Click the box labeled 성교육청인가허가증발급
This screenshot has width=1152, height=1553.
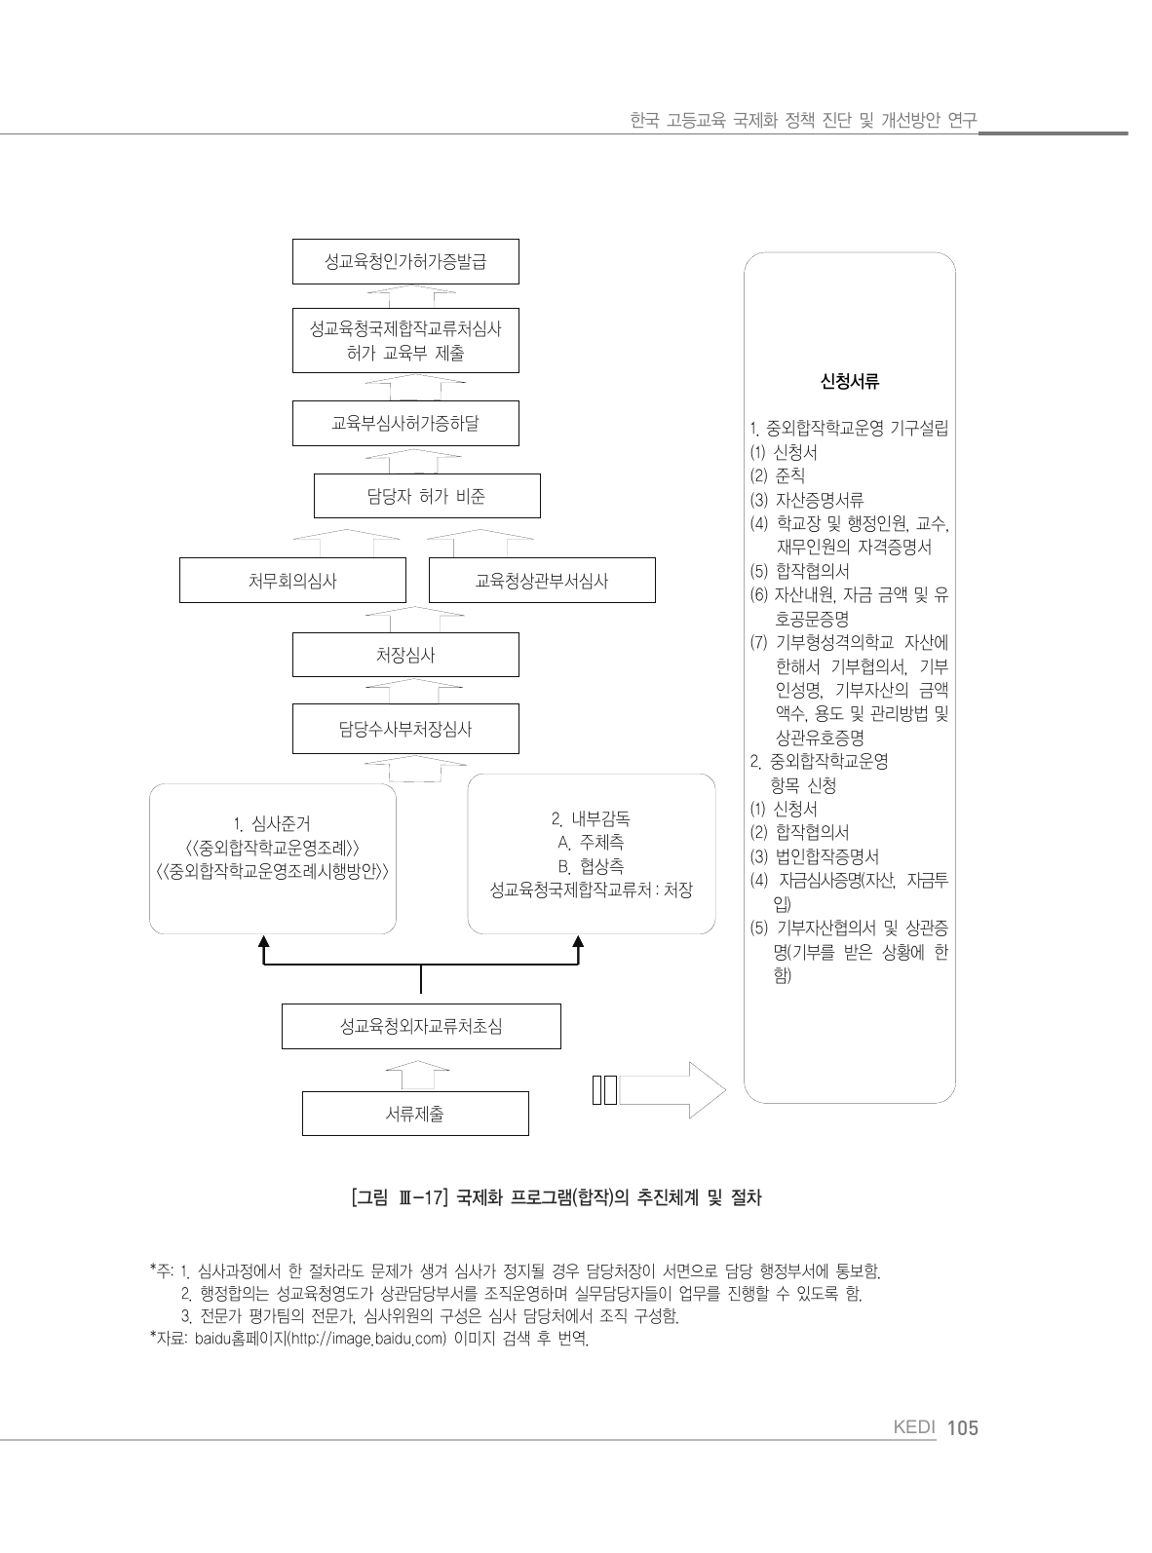pyautogui.click(x=405, y=261)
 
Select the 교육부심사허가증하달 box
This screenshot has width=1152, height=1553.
pyautogui.click(x=405, y=423)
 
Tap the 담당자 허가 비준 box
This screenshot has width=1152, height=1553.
pyautogui.click(x=426, y=496)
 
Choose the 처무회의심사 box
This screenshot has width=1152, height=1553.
pyautogui.click(x=292, y=581)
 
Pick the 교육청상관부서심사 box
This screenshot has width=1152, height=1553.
pyautogui.click(x=542, y=581)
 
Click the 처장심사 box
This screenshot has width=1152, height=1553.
pyautogui.click(x=405, y=655)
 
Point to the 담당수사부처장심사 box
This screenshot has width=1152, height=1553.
pyautogui.click(x=405, y=729)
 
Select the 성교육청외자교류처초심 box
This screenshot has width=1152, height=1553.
pyautogui.click(x=421, y=1026)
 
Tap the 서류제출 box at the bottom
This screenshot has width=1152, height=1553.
pyautogui.click(x=415, y=1114)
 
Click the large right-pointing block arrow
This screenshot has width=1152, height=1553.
pyautogui.click(x=672, y=1090)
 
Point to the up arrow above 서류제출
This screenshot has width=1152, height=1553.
pyautogui.click(x=417, y=1075)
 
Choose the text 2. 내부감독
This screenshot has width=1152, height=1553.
pyautogui.click(x=591, y=818)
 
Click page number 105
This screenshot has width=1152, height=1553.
pyautogui.click(x=961, y=1428)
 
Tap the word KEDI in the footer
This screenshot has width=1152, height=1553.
pyautogui.click(x=914, y=1428)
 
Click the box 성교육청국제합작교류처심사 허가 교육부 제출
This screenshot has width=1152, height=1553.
pyautogui.click(x=405, y=341)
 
